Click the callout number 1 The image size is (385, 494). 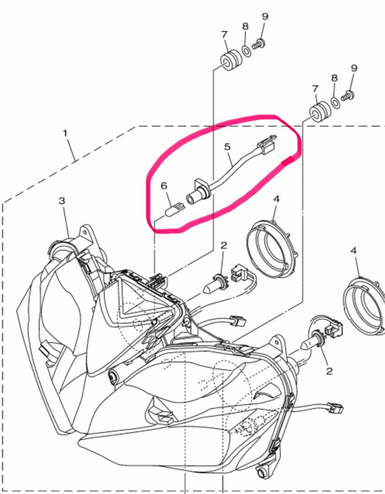(x=65, y=133)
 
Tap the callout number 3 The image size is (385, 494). (x=62, y=201)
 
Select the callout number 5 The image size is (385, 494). (x=227, y=146)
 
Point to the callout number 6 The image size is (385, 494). (x=164, y=186)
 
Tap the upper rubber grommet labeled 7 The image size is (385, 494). (x=231, y=60)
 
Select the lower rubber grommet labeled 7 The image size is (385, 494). (x=320, y=111)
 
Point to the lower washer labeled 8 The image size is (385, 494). (x=335, y=102)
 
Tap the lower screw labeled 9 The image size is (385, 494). (x=348, y=96)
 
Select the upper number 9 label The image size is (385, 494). (x=265, y=16)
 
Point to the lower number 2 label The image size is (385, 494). (x=330, y=371)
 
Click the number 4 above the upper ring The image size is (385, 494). (x=276, y=199)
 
